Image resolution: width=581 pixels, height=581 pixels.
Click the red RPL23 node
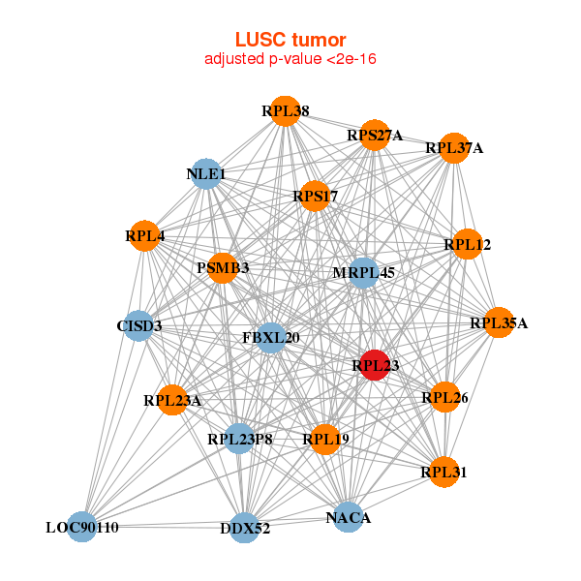376,365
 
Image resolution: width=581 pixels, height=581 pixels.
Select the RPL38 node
285,111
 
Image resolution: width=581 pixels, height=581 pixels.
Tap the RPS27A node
376,136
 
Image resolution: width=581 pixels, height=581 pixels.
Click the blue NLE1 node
205,174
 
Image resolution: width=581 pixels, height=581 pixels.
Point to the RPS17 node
315,197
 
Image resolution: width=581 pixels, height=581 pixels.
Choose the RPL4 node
144,235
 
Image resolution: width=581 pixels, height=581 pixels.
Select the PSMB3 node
223,267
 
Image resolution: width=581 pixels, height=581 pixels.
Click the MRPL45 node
363,273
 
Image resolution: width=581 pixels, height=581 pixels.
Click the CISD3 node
138,325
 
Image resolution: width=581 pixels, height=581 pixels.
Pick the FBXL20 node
271,338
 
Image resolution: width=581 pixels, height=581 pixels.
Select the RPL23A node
172,400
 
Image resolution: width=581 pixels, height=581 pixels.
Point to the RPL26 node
444,396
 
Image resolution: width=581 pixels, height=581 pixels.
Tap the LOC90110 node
82,528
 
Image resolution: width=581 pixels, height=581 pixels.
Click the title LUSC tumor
290,40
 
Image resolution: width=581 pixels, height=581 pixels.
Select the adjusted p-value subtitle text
290,59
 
